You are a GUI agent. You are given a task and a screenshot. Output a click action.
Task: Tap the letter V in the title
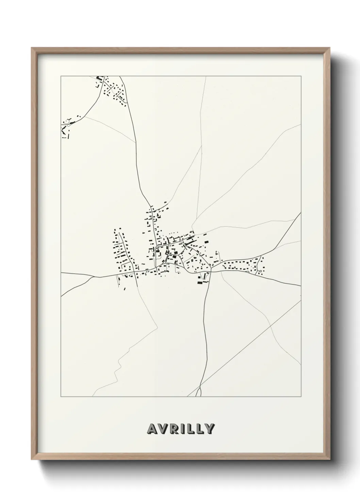click(x=163, y=429)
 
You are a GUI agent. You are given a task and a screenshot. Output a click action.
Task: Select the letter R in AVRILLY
click(x=174, y=429)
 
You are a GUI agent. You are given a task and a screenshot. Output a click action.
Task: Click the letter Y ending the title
click(x=210, y=429)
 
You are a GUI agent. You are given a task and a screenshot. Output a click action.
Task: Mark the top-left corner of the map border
click(x=61, y=76)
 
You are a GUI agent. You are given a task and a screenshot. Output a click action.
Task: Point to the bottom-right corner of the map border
click(x=301, y=396)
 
